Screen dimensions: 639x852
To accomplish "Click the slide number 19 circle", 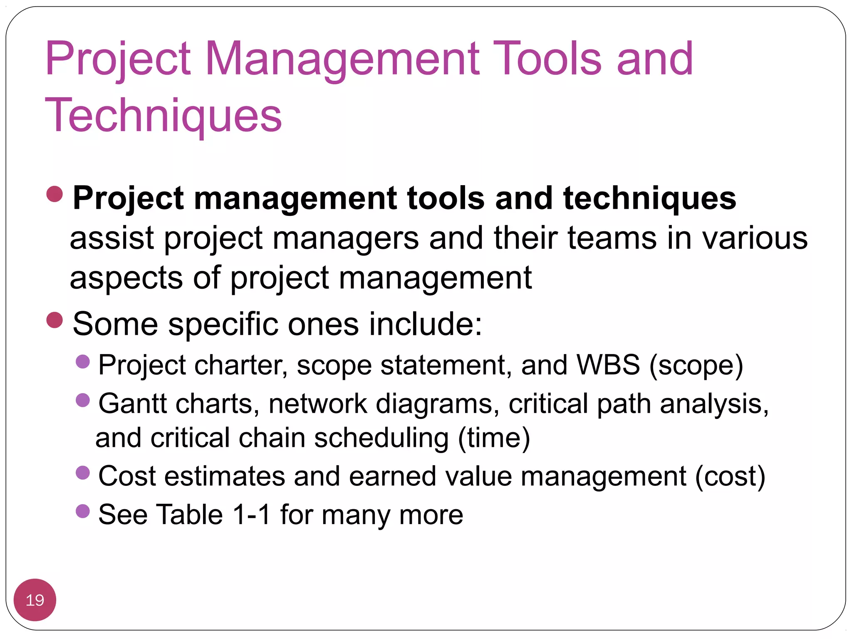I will (x=35, y=599).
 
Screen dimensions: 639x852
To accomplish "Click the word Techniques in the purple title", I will (x=163, y=115).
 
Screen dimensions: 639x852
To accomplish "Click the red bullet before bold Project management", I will (x=54, y=194).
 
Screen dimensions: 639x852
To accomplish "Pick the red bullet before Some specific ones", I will (x=54, y=320).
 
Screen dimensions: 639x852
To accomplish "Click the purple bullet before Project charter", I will (x=83, y=362).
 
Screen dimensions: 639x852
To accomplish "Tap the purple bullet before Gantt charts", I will (x=83, y=400).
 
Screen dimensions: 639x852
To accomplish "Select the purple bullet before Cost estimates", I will (x=83, y=473).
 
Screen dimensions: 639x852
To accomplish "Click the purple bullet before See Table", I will (x=83, y=511).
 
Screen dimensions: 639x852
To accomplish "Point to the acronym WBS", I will (x=608, y=365).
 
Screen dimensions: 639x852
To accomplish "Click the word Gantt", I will (x=132, y=404).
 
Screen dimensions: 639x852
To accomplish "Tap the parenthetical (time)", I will (x=494, y=438).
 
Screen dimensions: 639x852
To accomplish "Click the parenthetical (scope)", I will (x=696, y=365).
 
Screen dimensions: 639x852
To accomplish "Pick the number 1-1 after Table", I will (x=252, y=515).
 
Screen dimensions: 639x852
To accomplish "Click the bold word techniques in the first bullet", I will (x=649, y=198).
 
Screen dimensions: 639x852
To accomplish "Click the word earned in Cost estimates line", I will (x=392, y=476).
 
